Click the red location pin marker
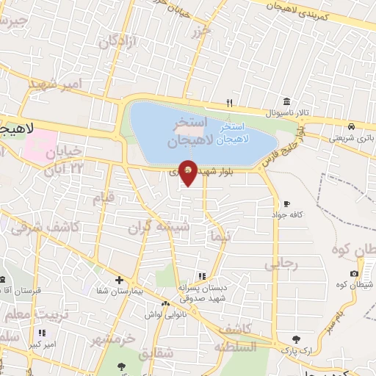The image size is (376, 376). click(x=189, y=172)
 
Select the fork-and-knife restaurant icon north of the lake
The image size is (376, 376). click(x=230, y=102)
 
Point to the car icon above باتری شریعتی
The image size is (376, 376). click(x=352, y=126)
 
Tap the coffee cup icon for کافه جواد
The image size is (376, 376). click(x=286, y=203)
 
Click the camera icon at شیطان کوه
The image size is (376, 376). click(x=355, y=274)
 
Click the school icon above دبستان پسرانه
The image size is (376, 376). click(x=202, y=276)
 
